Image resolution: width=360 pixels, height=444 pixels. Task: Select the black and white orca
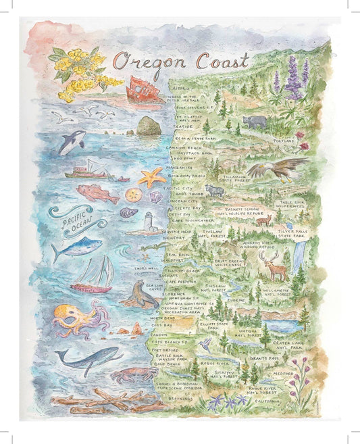tap(72, 142)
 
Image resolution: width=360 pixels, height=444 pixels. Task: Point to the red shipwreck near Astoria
tap(145, 89)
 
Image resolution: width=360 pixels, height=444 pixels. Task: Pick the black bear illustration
tap(255, 122)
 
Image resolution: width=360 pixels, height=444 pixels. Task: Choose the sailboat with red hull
tap(93, 276)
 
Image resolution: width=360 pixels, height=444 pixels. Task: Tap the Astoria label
tap(181, 89)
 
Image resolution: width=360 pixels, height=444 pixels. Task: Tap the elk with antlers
tap(274, 266)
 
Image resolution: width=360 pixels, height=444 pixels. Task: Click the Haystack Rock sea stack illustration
tap(148, 126)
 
